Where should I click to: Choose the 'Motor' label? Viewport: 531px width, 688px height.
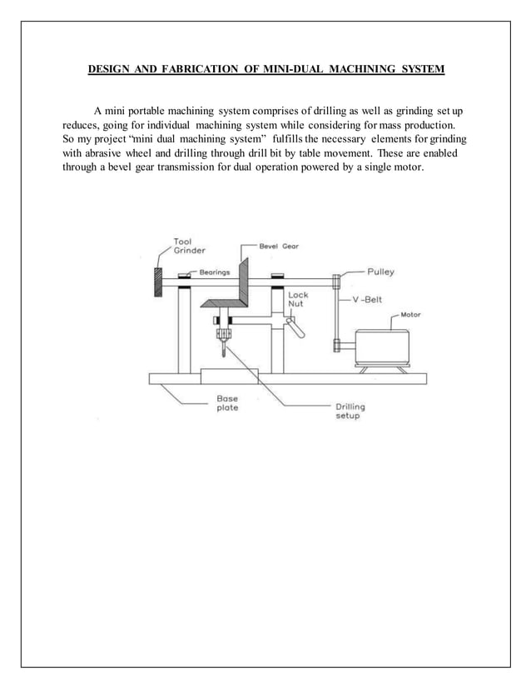[x=411, y=315]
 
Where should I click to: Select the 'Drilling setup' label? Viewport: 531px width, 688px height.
[x=350, y=411]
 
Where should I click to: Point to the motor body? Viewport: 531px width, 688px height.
[x=381, y=344]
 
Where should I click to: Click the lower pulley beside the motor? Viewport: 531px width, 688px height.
[x=335, y=344]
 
